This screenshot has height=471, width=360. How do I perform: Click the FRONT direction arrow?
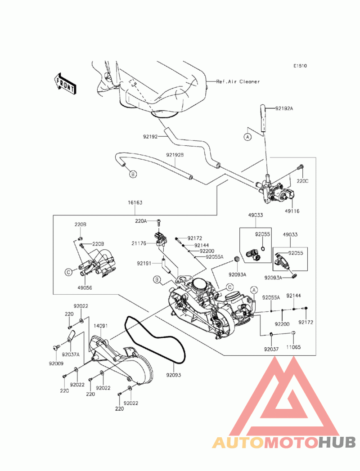point(65,84)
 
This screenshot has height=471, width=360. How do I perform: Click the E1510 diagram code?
point(300,66)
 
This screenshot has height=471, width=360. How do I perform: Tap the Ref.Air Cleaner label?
point(238,81)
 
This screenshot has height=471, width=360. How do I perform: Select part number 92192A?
point(284,108)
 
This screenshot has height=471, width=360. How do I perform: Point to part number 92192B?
point(175,155)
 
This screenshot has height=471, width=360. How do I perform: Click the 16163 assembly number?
point(135,202)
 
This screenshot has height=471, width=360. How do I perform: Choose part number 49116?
point(292,211)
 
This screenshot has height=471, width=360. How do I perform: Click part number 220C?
point(302,181)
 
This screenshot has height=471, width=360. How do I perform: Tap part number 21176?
point(139,243)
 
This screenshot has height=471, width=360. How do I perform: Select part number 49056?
point(85,288)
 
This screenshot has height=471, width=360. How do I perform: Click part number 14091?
point(100,326)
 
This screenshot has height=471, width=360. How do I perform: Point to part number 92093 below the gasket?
point(174,375)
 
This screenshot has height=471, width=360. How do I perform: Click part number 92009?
point(56,363)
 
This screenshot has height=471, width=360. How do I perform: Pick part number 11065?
point(293,347)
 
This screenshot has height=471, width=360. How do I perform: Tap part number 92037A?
point(71,354)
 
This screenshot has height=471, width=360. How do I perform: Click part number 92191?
point(144,264)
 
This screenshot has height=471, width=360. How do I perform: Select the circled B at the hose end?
point(133,174)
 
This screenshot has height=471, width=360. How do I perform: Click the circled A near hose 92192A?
point(247,137)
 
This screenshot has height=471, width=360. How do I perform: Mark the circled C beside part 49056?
point(68,273)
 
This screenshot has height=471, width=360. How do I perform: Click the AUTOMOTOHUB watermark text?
point(284,443)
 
